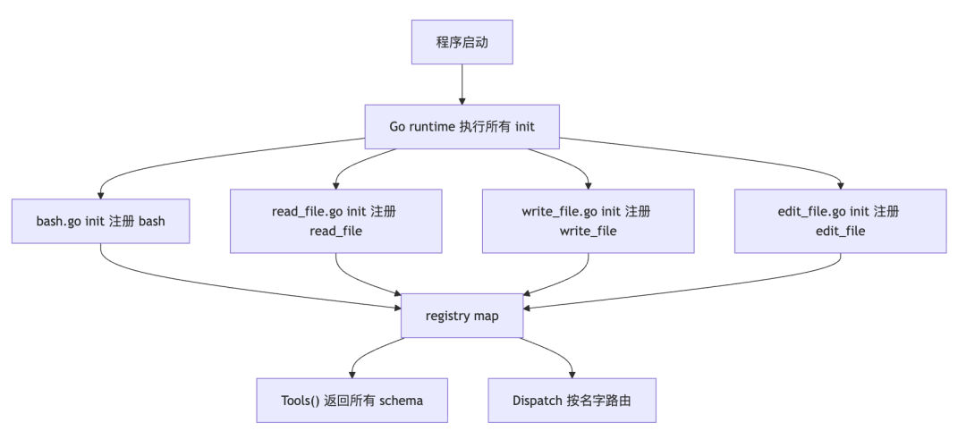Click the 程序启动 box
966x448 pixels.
(462, 42)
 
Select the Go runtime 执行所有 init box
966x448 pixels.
(462, 127)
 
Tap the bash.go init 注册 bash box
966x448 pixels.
(100, 221)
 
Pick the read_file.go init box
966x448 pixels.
(335, 221)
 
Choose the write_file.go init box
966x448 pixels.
(588, 221)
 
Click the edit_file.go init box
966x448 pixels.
(840, 221)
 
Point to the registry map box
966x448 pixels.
(462, 316)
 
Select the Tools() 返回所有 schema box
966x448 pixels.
(352, 401)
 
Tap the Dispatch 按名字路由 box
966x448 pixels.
(572, 401)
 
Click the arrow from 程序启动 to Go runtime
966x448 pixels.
(462, 84)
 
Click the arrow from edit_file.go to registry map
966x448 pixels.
(727, 286)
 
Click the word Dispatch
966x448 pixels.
(536, 401)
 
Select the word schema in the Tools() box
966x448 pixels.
(401, 401)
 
